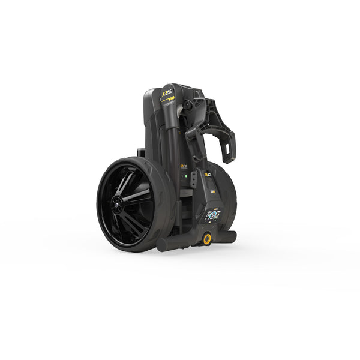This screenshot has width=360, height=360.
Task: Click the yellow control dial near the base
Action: click(x=207, y=239)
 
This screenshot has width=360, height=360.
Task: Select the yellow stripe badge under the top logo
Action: click(x=171, y=100)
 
